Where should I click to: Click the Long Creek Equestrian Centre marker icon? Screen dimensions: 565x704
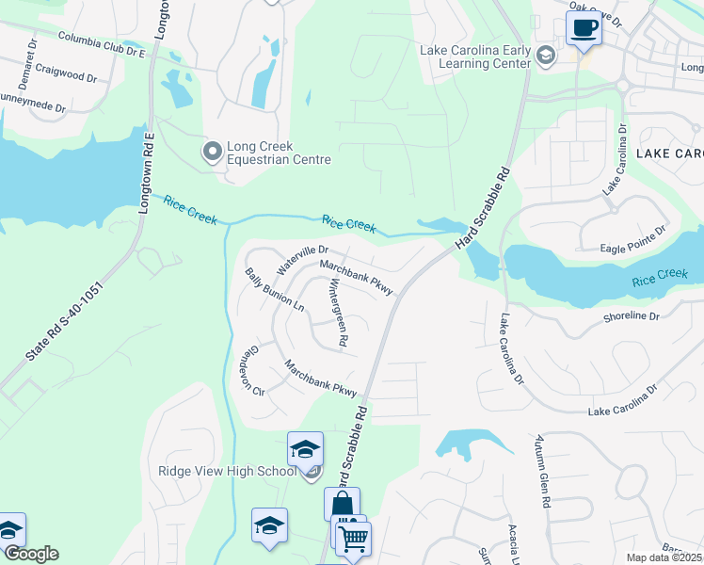213,150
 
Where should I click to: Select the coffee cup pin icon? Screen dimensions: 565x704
584,27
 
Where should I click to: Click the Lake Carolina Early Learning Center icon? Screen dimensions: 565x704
545,56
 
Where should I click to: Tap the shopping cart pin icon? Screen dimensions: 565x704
354,539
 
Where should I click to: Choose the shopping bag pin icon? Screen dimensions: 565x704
342,504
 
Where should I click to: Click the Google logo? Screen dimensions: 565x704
30,554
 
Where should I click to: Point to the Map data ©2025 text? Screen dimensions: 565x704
664,557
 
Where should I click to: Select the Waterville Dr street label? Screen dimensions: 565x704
301,260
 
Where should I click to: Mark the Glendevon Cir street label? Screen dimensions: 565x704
250,369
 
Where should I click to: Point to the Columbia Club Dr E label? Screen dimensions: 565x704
103,45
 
